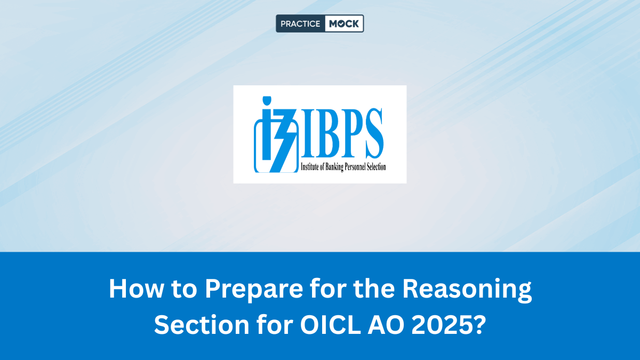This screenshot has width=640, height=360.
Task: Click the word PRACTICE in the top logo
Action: click(x=300, y=23)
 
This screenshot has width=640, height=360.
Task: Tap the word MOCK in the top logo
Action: click(x=344, y=23)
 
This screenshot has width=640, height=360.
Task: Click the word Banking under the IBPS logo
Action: click(x=330, y=167)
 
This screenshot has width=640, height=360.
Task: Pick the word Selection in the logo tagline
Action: click(x=376, y=167)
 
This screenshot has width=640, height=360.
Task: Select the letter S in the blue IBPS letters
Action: click(x=371, y=133)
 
